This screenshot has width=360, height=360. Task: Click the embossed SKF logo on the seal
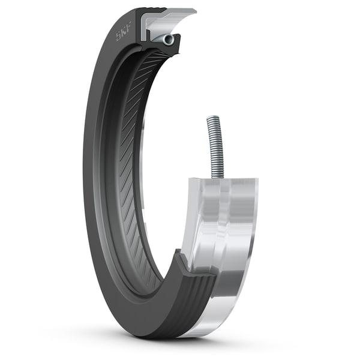point(123,31)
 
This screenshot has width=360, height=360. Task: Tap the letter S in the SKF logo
point(119,36)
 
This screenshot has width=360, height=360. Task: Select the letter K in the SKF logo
point(124,31)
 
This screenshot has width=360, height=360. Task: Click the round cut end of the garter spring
point(167,40)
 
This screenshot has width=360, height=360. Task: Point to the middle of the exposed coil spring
point(215,147)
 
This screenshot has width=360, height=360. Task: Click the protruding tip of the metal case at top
point(194,11)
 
